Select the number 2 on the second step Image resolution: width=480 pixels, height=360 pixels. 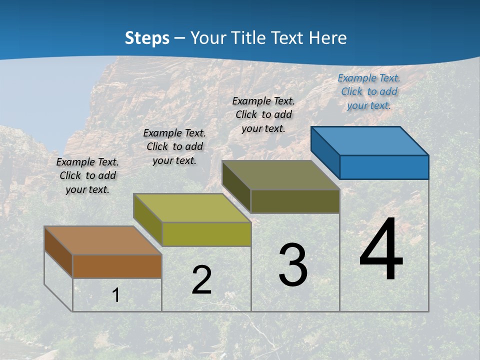click(201, 280)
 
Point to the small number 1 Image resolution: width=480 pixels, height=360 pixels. click(116, 295)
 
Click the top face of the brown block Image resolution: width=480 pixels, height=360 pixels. click(103, 240)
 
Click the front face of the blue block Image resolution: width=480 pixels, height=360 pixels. click(384, 167)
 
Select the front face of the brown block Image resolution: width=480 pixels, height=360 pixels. click(117, 266)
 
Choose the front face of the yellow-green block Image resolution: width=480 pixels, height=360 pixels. click(206, 234)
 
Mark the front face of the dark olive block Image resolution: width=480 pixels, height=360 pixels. click(295, 201)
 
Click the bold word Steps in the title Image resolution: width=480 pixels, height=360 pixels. click(147, 38)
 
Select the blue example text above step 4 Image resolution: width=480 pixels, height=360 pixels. click(369, 91)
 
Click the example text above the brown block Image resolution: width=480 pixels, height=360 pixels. click(87, 175)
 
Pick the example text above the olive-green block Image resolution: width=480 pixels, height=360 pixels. click(263, 114)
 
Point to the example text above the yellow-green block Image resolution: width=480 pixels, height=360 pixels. click(174, 146)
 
